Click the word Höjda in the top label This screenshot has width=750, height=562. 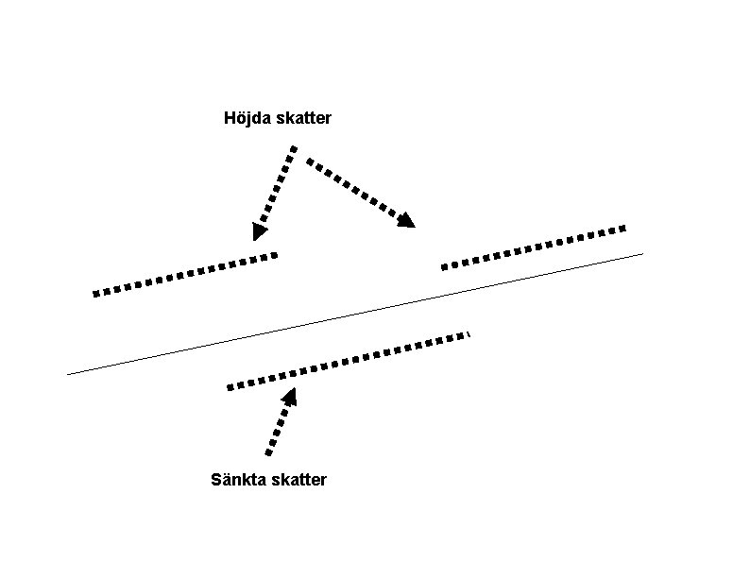coord(246,119)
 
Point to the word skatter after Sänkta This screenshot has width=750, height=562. coord(298,480)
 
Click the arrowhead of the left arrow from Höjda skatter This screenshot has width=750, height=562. coord(260,230)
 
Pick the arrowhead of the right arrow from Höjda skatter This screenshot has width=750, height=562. coord(407,221)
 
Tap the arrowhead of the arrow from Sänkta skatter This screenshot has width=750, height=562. coord(288,396)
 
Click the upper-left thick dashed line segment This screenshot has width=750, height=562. coord(185,274)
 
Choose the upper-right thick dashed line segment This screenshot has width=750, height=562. coord(534,247)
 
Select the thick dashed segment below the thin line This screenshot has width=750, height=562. coord(349,360)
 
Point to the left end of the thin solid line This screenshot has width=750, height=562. coord(69,374)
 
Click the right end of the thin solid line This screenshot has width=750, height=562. coord(642,253)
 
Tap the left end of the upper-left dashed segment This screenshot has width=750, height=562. coord(95,294)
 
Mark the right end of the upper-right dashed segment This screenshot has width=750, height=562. coord(624,228)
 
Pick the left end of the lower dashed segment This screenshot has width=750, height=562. coord(230,386)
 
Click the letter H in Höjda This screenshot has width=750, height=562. coord(230,119)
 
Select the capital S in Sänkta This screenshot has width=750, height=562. coord(215,480)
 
